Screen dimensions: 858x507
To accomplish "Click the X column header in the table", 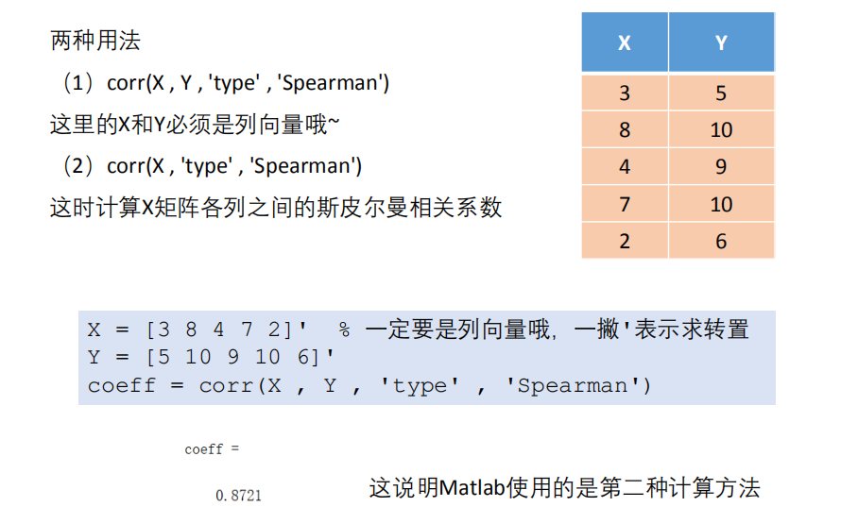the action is pos(625,43).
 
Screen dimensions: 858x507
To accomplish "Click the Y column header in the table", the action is pos(721,43).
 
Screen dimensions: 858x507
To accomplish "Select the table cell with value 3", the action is pos(625,93).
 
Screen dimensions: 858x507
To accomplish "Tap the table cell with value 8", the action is pos(625,129).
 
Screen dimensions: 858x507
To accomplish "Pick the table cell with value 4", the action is pos(625,167).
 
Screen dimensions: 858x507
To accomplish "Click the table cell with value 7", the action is pos(625,204).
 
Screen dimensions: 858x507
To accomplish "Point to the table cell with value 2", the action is pos(625,241).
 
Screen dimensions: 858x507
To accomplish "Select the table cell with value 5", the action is pos(721,93).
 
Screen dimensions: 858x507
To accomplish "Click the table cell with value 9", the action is pos(721,167).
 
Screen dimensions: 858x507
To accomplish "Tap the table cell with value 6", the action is pos(721,241).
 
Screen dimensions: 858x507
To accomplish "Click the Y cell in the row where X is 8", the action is pos(721,129).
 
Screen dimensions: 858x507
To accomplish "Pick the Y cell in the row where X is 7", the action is pos(721,204).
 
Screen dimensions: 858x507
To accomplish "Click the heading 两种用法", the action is pos(95,42).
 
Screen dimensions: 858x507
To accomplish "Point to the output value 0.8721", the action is pos(238,495).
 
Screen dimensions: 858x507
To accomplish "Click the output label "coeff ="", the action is pos(204,449).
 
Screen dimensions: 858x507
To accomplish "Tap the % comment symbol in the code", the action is pos(345,330).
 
